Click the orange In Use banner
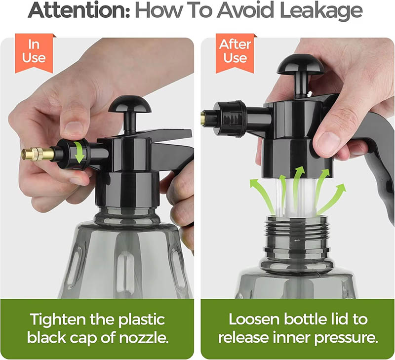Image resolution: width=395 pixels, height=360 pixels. tap(34, 51)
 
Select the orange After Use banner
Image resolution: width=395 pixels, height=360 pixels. tap(235, 51)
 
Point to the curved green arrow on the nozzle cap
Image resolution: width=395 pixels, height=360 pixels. tap(79, 151)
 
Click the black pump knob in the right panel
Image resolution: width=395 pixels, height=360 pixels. tap(301, 65)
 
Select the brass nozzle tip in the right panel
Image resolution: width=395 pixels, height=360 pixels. tap(203, 118)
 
